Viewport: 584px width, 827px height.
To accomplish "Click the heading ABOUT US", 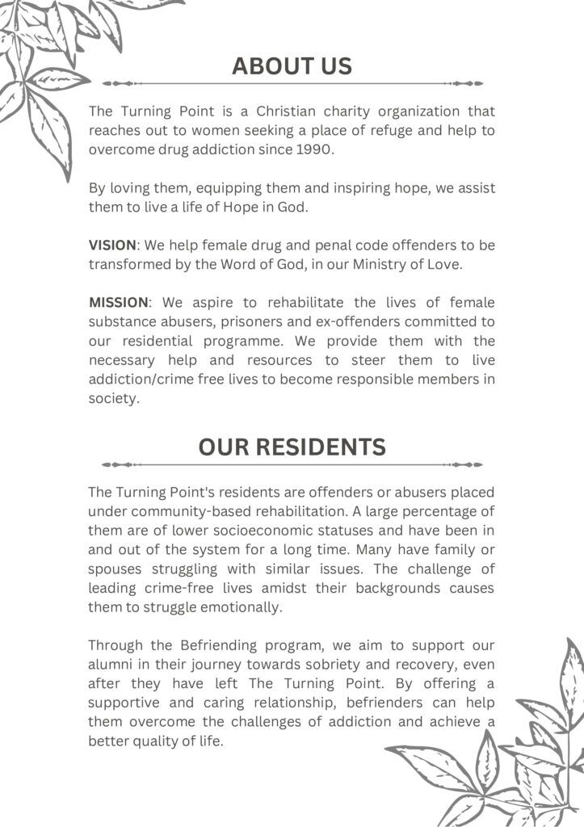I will pyautogui.click(x=292, y=65).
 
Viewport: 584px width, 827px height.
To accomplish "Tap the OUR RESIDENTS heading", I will pyautogui.click(x=292, y=447).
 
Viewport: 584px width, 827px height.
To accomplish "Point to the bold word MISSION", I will pyautogui.click(x=119, y=302).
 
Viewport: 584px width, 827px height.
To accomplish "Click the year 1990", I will pyautogui.click(x=314, y=149).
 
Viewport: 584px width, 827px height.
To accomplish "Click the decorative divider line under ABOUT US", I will pyautogui.click(x=292, y=83).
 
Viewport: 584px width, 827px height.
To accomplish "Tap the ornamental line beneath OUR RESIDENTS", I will pyautogui.click(x=292, y=464).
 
